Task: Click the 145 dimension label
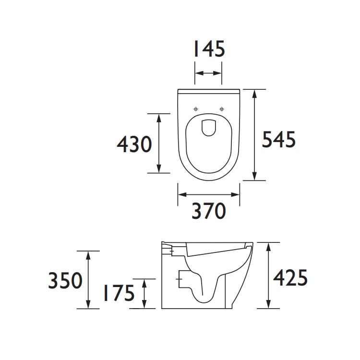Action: coord(208,49)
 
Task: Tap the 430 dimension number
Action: coord(135,144)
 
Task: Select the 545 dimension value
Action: coord(278,140)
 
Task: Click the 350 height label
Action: coord(65,280)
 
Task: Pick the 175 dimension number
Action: coord(118,293)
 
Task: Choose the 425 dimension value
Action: coord(290,277)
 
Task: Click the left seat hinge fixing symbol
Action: coord(195,109)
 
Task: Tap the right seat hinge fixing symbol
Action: coord(222,109)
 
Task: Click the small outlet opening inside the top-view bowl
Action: coord(208,126)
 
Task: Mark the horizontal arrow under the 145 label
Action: coord(208,73)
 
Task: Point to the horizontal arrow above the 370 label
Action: coord(208,194)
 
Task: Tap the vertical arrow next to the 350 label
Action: coord(88,279)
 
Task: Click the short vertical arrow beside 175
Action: coord(144,293)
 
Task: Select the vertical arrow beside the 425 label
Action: coord(268,275)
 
